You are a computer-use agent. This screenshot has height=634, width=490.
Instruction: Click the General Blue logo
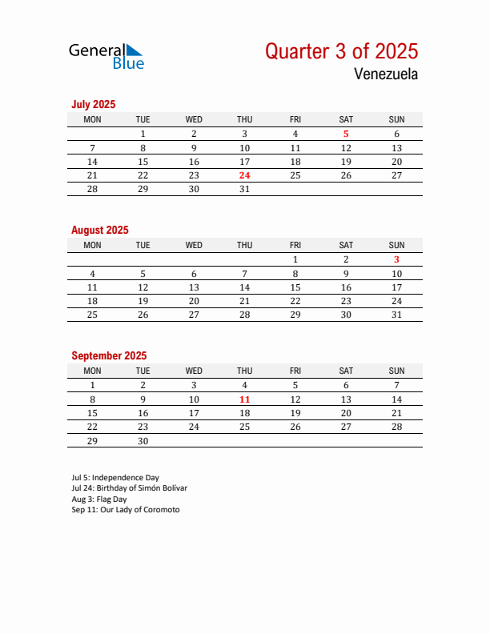click(x=106, y=55)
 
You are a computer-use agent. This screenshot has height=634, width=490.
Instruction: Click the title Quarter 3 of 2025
click(x=341, y=51)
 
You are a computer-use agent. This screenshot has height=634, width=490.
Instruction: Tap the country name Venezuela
click(x=384, y=74)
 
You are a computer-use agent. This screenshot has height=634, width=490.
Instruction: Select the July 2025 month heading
click(x=94, y=104)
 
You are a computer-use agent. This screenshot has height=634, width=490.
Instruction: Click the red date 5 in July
click(x=346, y=134)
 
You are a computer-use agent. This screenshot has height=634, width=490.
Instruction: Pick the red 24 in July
click(x=244, y=175)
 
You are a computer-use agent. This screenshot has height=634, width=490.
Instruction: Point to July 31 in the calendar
click(x=244, y=189)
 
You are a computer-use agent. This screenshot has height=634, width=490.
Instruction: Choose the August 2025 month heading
click(x=100, y=230)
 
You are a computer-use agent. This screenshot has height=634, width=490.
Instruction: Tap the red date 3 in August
click(x=396, y=259)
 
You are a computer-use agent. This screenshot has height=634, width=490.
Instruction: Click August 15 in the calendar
click(x=295, y=287)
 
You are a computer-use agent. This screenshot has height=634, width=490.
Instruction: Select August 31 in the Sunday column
click(x=396, y=315)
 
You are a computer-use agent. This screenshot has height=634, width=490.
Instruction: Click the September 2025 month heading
click(x=109, y=355)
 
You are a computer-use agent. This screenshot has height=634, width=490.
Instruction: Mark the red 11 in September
click(x=244, y=399)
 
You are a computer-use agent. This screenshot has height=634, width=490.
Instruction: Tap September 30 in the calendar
click(x=143, y=440)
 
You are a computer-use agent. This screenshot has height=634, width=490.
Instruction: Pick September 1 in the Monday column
click(x=92, y=385)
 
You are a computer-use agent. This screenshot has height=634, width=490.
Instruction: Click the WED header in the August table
click(x=194, y=245)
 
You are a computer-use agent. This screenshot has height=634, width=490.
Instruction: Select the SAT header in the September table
click(x=346, y=371)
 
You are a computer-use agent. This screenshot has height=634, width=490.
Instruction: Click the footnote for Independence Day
click(x=115, y=477)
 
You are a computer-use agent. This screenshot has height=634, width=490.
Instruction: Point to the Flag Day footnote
click(x=99, y=499)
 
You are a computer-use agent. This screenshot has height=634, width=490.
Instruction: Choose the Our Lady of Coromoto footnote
click(x=126, y=509)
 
